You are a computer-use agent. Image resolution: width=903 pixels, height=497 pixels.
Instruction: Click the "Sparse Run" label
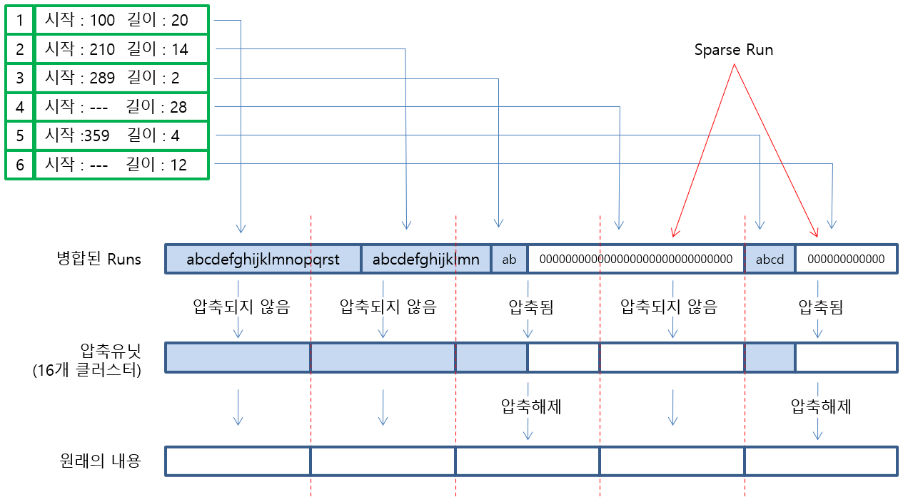(734, 51)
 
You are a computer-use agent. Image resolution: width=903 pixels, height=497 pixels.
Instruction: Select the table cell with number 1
(20, 20)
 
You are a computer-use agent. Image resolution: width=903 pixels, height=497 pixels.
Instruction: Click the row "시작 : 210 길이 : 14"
(121, 49)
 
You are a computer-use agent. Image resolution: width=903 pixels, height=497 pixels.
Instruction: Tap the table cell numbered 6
(20, 165)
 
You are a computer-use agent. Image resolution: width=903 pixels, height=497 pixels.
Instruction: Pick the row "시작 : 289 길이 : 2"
(121, 78)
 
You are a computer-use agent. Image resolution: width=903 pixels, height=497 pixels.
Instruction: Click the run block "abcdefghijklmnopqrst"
(263, 259)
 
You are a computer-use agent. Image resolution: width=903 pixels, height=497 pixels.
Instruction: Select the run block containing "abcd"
(770, 259)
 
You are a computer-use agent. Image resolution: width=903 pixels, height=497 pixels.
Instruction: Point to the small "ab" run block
(509, 259)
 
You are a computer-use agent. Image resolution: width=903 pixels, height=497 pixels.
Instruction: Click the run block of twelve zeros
(846, 259)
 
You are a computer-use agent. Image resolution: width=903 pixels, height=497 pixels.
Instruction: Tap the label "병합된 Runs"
(101, 259)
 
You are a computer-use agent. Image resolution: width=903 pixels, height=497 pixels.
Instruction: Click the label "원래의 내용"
(101, 461)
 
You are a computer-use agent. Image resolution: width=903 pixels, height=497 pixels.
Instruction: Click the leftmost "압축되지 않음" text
(241, 307)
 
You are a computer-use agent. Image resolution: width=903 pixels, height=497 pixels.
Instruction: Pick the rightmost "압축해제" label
(821, 407)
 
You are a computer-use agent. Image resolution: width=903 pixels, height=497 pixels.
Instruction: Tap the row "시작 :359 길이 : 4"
(121, 135)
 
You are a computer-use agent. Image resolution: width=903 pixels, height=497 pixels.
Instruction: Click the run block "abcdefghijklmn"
(426, 259)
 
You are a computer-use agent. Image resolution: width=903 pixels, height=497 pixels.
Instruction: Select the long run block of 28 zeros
(635, 259)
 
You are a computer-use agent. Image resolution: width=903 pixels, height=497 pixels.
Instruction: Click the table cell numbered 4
(20, 107)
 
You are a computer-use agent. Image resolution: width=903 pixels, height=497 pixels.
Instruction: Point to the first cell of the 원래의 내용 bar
(238, 461)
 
